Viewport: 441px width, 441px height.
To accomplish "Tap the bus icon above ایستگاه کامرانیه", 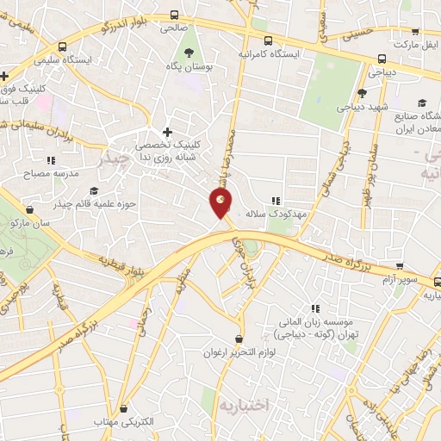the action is click(x=270, y=40).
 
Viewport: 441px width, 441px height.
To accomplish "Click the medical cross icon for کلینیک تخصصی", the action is click(x=167, y=130).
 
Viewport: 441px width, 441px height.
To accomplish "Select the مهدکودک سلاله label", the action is click(x=301, y=212).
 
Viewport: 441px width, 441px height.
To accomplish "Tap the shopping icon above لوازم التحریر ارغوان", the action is click(x=239, y=338).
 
